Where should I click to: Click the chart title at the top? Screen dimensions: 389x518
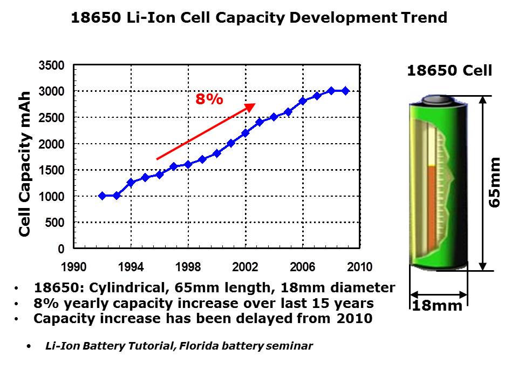coord(259,18)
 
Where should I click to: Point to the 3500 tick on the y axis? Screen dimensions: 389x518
coord(52,65)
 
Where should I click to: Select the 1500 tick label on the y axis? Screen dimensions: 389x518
coord(52,170)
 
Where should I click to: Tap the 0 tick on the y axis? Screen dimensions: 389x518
coord(61,249)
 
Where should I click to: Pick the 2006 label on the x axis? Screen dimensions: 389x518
coord(302,267)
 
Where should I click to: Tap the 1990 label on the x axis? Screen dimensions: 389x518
coord(74,267)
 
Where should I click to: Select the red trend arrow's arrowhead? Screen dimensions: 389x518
coord(251,106)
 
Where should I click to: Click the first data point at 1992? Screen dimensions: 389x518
coord(103,196)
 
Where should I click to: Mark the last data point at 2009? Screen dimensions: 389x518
coord(345,91)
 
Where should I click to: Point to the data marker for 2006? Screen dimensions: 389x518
coord(302,101)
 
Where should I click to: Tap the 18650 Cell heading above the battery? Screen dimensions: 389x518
coord(449,71)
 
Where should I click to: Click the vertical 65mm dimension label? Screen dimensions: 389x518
coord(494,182)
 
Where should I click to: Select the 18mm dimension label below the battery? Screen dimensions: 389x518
coord(438,306)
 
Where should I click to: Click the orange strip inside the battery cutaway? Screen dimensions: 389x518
coord(431,205)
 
